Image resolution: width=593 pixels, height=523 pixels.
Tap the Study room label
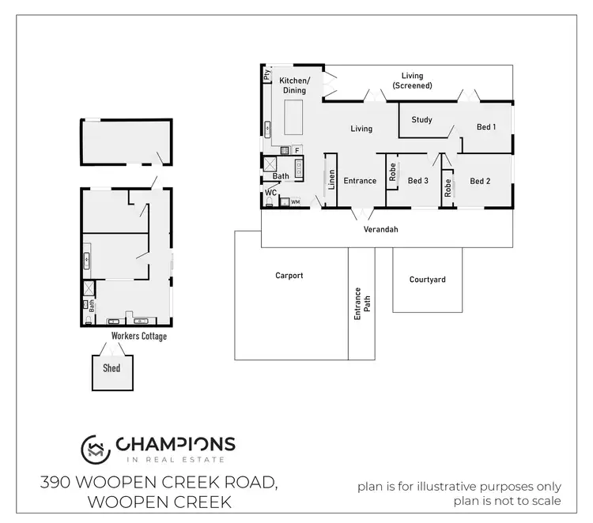[421, 120]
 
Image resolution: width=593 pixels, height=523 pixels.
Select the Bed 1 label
[486, 126]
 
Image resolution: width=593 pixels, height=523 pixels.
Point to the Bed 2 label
[480, 181]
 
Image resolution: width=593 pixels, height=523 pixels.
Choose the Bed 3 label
[417, 181]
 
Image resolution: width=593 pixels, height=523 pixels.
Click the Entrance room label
[360, 181]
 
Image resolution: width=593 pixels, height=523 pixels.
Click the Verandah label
[380, 229]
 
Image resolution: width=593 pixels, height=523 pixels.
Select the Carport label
[289, 276]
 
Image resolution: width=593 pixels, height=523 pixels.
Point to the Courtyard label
[427, 280]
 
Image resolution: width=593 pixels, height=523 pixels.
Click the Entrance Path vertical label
[361, 303]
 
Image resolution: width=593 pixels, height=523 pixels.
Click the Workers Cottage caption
[138, 337]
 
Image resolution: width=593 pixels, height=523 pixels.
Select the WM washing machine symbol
[296, 202]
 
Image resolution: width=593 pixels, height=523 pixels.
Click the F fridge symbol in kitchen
[296, 149]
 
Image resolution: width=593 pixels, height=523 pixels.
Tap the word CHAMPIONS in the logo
[176, 445]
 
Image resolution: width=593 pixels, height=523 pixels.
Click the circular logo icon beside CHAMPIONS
[95, 448]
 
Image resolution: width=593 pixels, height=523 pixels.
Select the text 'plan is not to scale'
[507, 500]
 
